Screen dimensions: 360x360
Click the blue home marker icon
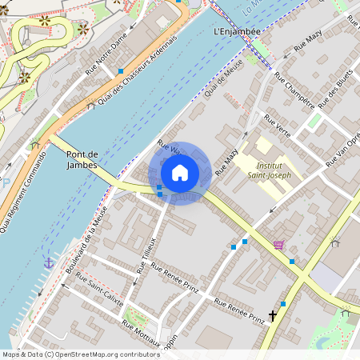click(180, 172)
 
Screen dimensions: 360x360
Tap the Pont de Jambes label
click(82, 159)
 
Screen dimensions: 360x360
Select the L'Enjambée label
click(238, 31)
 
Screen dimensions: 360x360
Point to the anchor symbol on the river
click(48, 262)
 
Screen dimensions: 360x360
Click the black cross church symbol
click(273, 316)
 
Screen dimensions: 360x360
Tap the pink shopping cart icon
click(278, 245)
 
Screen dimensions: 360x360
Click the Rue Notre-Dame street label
click(107, 57)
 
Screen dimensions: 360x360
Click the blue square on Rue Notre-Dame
click(120, 71)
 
